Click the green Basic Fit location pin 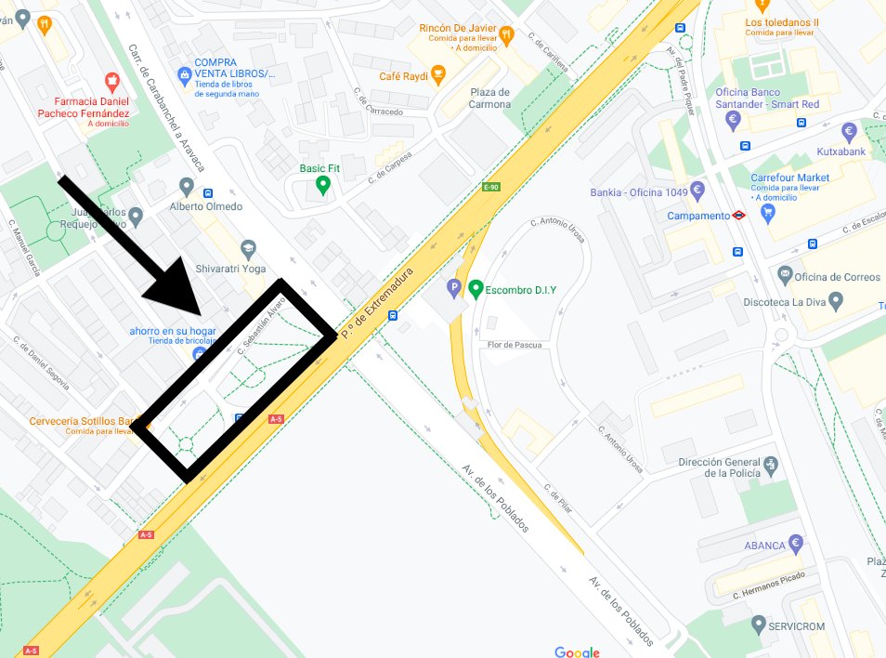click(322, 185)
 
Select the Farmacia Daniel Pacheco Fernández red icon click(112, 82)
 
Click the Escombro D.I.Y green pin click(476, 289)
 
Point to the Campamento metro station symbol click(738, 215)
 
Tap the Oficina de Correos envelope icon click(785, 275)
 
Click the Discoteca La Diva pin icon click(835, 301)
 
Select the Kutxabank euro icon click(848, 131)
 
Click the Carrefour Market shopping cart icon click(767, 213)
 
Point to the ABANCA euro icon click(796, 544)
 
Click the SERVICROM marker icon click(759, 625)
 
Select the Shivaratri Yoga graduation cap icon click(248, 249)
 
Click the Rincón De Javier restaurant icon click(506, 35)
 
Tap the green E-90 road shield click(491, 188)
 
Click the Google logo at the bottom click(577, 651)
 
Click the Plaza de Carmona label click(489, 98)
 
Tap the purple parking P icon click(454, 289)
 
